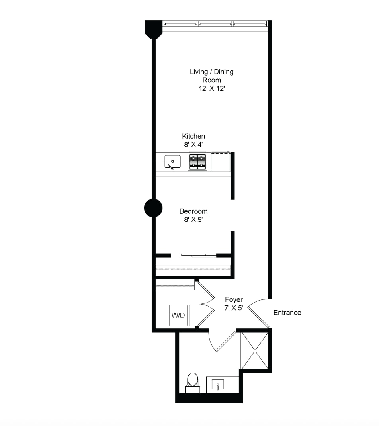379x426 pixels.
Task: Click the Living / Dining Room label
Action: (212, 76)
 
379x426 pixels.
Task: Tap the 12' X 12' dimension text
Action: (212, 88)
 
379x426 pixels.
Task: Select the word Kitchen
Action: (193, 136)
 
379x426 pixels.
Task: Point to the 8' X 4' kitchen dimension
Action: (193, 144)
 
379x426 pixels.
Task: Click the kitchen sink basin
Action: (172, 162)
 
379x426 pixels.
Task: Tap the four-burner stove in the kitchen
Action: (197, 162)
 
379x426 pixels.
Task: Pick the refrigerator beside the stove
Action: (221, 162)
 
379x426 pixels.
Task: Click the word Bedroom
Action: (193, 211)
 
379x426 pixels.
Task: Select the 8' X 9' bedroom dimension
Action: (193, 219)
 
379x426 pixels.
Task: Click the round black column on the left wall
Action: (153, 208)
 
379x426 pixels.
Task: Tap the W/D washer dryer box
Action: (179, 315)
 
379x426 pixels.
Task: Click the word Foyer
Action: (234, 299)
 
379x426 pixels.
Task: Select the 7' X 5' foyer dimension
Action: (234, 308)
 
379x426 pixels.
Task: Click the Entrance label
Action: (287, 313)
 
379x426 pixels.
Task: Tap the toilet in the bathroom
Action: (193, 383)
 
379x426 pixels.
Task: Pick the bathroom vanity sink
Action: (218, 385)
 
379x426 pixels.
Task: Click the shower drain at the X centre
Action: (255, 351)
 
